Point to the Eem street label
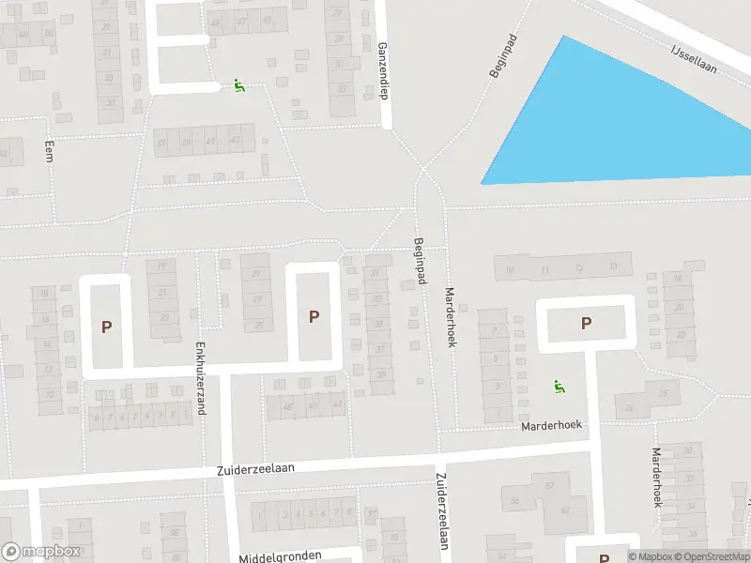49,151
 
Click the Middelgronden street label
281,556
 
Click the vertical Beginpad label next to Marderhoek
420,261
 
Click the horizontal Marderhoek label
551,425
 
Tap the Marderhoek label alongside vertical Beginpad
451,317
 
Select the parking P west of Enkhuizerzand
107,327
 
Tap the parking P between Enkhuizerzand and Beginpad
314,316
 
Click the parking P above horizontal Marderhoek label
586,323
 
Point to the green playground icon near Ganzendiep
239,86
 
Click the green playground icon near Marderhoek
559,386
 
